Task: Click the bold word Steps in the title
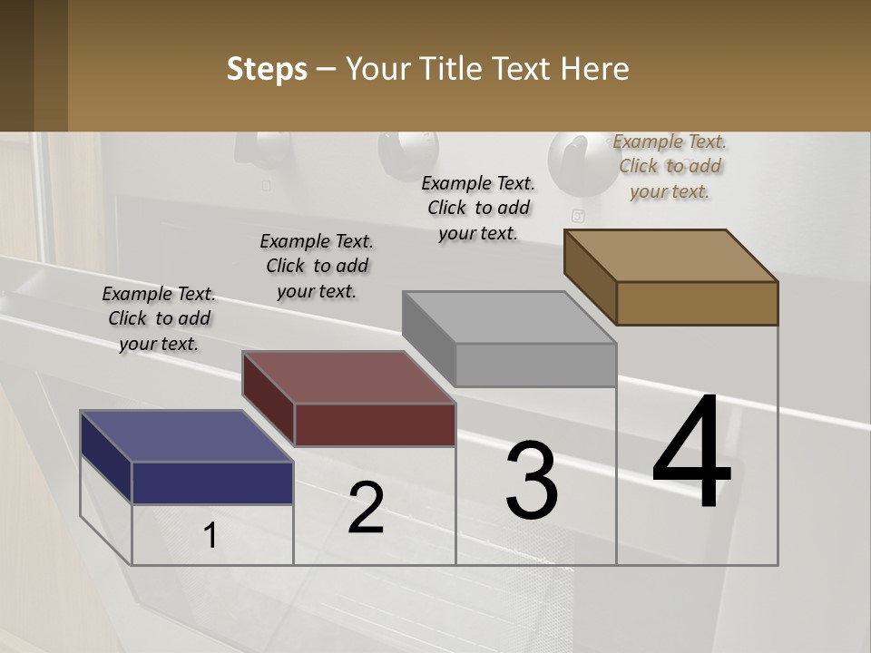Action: [267, 69]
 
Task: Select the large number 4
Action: [691, 453]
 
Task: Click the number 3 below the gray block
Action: [531, 480]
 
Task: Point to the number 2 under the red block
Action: [366, 508]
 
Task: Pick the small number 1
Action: [210, 536]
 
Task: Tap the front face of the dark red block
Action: [375, 424]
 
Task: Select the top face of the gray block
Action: [508, 317]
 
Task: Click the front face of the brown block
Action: [697, 303]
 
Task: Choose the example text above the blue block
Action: [159, 318]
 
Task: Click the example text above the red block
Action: [317, 266]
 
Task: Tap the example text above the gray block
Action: [478, 208]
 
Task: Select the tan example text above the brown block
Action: [670, 166]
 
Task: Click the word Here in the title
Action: [594, 69]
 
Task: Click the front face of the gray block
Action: [535, 365]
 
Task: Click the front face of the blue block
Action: [212, 482]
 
